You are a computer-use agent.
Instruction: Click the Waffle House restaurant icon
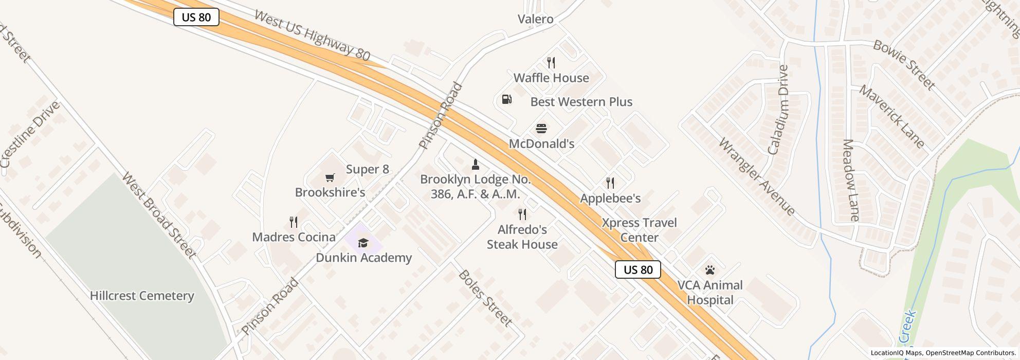[x=551, y=63]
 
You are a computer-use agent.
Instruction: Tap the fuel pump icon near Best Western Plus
[x=506, y=99]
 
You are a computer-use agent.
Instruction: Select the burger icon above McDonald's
[x=541, y=128]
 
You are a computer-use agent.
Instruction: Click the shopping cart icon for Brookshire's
[x=330, y=177]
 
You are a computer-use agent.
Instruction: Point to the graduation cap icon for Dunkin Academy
[x=363, y=243]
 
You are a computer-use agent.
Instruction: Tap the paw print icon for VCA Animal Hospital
[x=710, y=270]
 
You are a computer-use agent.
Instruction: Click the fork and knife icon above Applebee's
[x=610, y=183]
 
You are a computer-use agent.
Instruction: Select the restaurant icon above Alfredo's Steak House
[x=522, y=214]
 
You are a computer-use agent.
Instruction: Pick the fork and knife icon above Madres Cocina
[x=294, y=222]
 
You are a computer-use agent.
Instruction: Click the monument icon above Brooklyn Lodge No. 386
[x=476, y=165]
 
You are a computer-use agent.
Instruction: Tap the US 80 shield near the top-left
[x=196, y=17]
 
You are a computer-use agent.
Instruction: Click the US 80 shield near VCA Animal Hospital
[x=638, y=269]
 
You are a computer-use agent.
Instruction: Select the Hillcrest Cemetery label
[x=142, y=296]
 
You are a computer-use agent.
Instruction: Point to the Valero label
[x=535, y=19]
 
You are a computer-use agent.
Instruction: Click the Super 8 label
[x=367, y=169]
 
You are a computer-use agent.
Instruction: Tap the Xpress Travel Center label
[x=639, y=230]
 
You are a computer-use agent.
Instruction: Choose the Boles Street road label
[x=485, y=298]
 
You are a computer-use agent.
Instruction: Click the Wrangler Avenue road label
[x=756, y=176]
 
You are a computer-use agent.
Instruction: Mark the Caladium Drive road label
[x=777, y=110]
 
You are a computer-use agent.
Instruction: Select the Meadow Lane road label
[x=851, y=180]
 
